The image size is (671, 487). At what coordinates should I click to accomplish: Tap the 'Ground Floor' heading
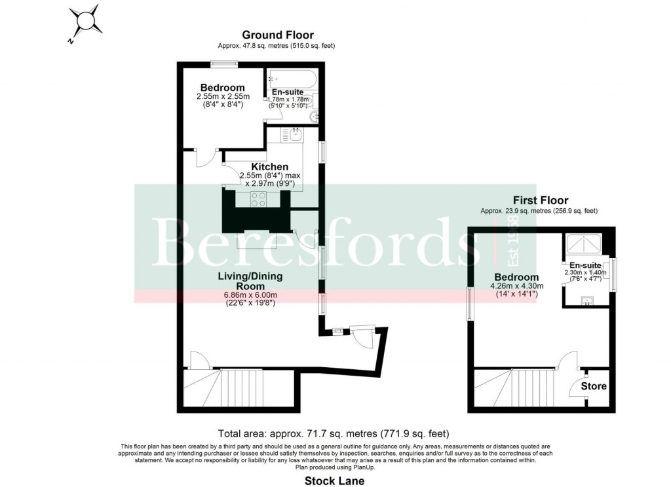click(x=277, y=35)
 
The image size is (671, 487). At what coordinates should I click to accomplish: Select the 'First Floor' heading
click(x=541, y=200)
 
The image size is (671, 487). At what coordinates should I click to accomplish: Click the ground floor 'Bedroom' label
click(x=223, y=88)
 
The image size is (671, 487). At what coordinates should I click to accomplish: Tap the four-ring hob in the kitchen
click(x=258, y=199)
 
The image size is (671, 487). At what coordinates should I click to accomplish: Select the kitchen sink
click(x=296, y=135)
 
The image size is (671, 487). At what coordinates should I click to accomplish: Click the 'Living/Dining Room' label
click(x=242, y=281)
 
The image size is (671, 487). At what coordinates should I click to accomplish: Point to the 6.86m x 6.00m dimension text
click(x=242, y=295)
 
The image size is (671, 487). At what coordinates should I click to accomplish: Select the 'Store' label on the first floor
click(x=594, y=386)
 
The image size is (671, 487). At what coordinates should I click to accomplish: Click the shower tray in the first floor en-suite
click(x=585, y=244)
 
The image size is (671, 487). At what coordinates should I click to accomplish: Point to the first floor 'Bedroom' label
click(x=516, y=277)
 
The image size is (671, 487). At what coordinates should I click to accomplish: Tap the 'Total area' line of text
click(x=333, y=434)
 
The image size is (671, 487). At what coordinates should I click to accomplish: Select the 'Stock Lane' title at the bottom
click(x=334, y=480)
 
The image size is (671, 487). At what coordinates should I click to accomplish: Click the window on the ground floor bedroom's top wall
click(x=223, y=63)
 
